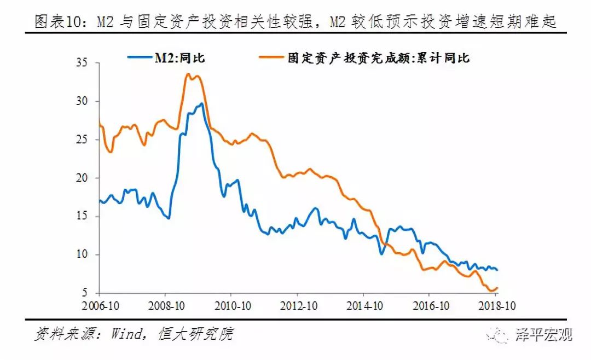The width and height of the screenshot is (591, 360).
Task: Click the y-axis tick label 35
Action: (82, 63)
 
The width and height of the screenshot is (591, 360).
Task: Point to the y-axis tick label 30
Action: (82, 102)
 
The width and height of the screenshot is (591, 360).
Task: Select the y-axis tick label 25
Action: (82, 140)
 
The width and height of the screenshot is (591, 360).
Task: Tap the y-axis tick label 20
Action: (82, 178)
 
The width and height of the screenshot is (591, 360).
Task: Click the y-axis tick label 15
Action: (82, 217)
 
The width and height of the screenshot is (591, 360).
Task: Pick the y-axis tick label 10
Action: (82, 255)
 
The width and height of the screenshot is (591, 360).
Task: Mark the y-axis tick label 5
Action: (85, 293)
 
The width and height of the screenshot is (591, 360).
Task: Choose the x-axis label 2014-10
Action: (363, 305)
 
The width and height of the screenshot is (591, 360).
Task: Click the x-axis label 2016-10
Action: (430, 305)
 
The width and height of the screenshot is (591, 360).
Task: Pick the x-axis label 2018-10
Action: (496, 305)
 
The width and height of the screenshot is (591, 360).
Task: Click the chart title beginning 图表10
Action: (296, 22)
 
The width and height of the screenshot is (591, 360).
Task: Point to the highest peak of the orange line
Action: (188, 74)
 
